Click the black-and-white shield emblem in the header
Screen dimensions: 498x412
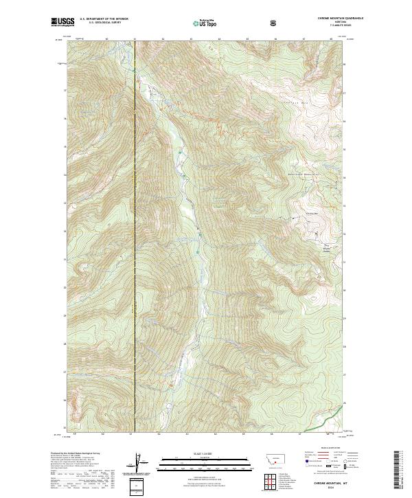[275, 23]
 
